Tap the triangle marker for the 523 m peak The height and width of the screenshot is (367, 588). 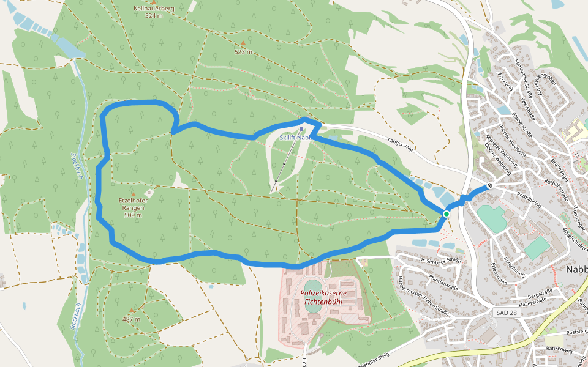(x=243, y=43)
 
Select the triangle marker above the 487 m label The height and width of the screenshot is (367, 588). (x=131, y=310)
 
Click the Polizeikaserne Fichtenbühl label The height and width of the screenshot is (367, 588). (x=323, y=297)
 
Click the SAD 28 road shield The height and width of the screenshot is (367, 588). (x=504, y=313)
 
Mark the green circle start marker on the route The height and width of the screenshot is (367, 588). (x=447, y=213)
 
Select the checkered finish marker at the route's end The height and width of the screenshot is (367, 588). (x=490, y=186)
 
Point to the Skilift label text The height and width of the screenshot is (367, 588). (x=292, y=138)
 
